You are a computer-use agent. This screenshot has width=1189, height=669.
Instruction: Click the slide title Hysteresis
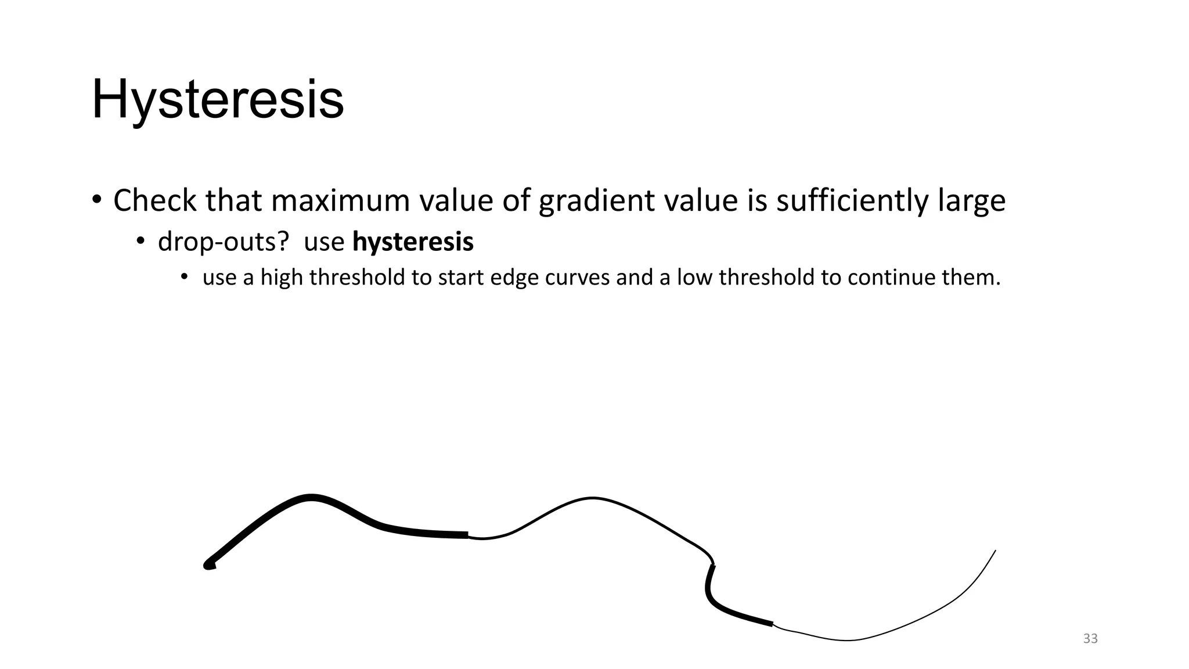[x=218, y=100]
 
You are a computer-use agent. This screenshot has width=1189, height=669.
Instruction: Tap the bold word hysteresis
[x=413, y=242]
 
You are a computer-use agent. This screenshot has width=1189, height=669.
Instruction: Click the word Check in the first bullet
[x=154, y=200]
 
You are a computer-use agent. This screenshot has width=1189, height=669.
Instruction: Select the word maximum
[x=340, y=200]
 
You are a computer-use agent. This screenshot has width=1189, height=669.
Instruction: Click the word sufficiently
[x=852, y=202]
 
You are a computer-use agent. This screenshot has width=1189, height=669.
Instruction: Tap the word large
[x=971, y=202]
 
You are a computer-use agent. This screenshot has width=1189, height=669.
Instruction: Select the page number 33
[x=1090, y=639]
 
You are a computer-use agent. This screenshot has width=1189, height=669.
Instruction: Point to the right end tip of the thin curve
[x=995, y=551]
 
